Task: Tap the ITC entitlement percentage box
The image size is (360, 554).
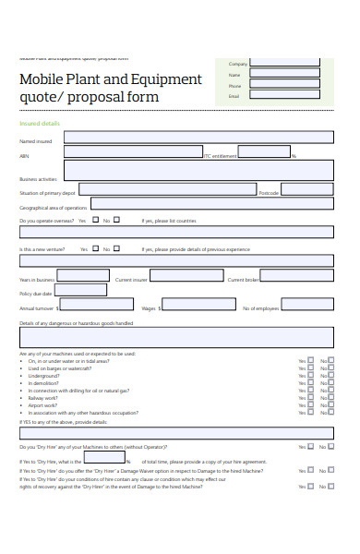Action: (x=264, y=152)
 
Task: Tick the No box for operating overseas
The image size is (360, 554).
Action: (x=116, y=220)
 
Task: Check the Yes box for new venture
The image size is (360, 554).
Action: (x=95, y=247)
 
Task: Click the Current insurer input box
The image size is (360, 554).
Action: (x=186, y=275)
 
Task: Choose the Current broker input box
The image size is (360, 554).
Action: (x=296, y=275)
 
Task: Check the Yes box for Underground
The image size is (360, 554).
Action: (x=311, y=376)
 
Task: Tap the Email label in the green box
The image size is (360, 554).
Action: (x=234, y=96)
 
